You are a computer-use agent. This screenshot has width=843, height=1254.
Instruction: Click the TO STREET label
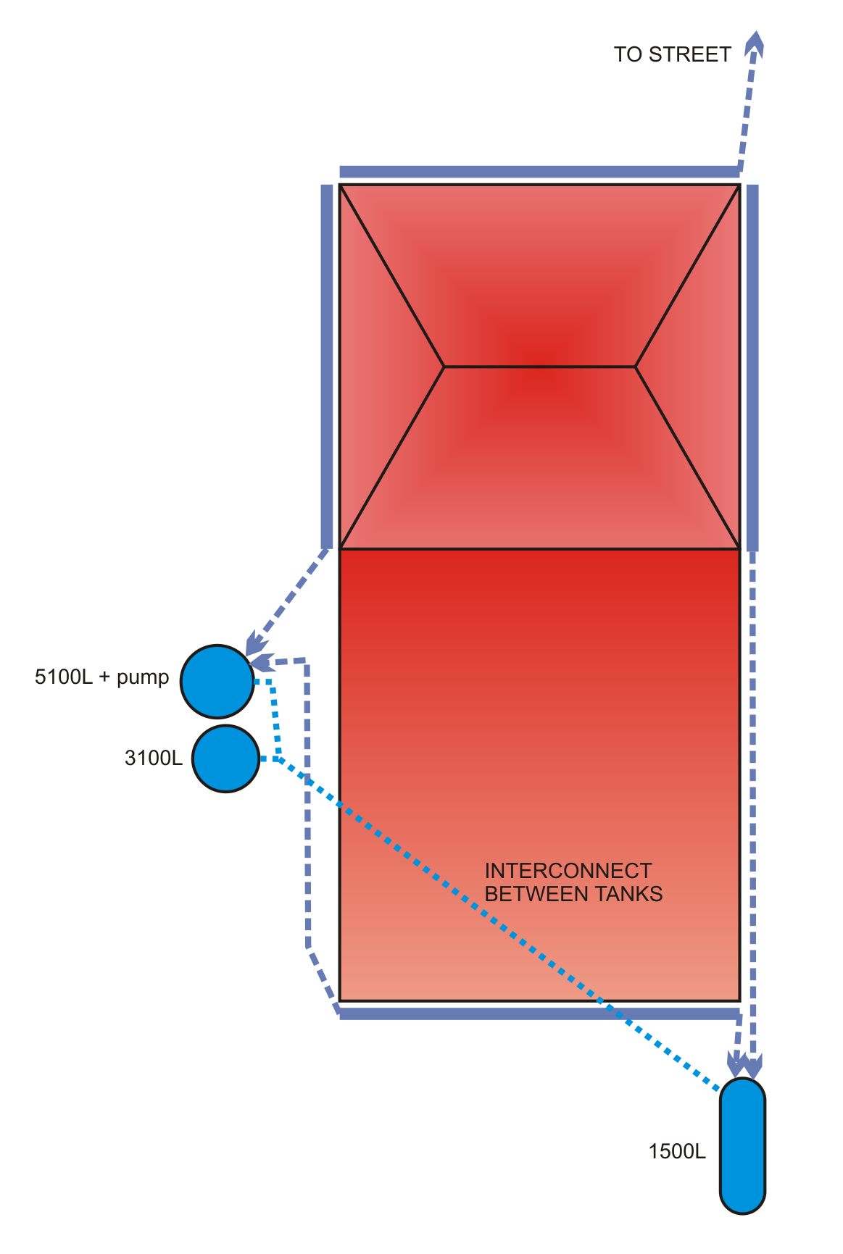point(672,55)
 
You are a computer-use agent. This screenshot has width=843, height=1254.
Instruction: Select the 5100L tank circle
point(217,681)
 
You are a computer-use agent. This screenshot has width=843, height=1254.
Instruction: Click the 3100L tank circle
point(226,758)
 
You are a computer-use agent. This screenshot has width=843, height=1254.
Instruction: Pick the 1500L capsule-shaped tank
point(742,1145)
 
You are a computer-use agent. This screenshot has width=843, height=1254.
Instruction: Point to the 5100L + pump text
point(101,678)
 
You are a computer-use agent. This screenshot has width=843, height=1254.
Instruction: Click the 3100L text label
point(153,758)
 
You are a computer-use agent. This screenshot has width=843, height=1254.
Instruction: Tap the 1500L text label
point(676,1152)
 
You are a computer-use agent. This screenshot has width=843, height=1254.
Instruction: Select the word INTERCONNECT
point(568,871)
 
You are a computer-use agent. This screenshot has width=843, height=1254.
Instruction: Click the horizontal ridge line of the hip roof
point(539,367)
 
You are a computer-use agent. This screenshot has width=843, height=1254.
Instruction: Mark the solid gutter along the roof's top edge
point(539,172)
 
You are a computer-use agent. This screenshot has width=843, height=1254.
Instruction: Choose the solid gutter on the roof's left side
point(327,367)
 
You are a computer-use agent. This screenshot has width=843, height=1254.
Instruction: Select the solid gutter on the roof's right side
point(752,367)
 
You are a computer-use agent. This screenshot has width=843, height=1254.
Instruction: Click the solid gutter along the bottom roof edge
point(539,1013)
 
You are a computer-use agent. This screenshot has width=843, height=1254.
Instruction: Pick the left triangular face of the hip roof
point(384,367)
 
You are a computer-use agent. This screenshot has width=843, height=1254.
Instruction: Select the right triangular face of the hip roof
point(696,367)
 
